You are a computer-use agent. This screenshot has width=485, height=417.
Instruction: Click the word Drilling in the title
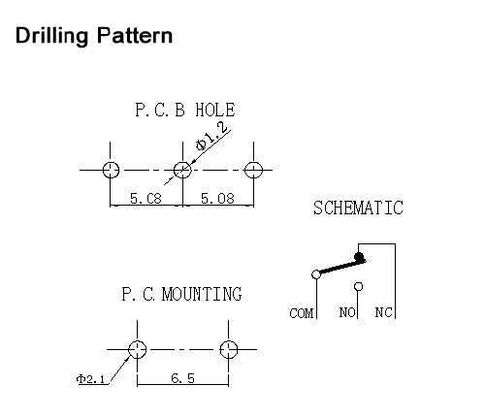51,36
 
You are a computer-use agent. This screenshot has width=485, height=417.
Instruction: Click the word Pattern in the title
135,35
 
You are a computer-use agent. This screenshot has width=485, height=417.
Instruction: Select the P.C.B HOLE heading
185,110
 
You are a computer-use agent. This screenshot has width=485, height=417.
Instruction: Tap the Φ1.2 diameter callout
211,137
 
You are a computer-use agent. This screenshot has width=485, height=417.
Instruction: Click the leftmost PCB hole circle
111,170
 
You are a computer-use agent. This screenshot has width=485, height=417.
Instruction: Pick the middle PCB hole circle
182,170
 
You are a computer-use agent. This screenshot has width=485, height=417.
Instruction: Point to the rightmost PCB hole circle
253,170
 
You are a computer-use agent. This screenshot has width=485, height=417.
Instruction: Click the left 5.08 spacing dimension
145,198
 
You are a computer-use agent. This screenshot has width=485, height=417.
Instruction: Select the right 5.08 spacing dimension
217,198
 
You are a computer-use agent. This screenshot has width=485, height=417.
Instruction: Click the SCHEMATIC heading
358,208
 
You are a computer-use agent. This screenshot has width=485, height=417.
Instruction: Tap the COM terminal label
301,313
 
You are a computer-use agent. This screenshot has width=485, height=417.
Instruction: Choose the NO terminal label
347,312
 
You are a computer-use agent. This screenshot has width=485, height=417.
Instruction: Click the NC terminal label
383,312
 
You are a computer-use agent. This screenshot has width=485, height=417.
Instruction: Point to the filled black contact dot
359,257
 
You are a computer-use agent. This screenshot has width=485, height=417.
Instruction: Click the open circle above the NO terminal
358,286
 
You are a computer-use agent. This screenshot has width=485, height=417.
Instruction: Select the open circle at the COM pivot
316,274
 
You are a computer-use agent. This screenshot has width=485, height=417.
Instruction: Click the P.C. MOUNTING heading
181,294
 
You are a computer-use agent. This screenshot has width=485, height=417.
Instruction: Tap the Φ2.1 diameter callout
90,379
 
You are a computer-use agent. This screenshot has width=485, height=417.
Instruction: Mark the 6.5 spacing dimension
182,377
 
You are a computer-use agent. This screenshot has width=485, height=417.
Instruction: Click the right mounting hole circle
228,349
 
